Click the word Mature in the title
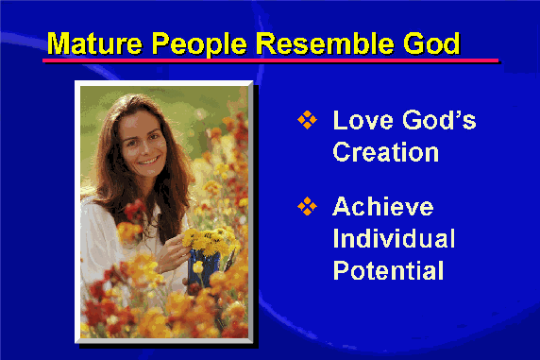[94, 43]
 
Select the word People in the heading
[199, 44]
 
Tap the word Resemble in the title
[325, 43]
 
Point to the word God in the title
[431, 43]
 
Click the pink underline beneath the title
[270, 60]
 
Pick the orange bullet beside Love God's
[307, 120]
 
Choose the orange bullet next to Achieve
[307, 206]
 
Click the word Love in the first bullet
[363, 120]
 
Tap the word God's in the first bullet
[439, 120]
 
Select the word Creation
[386, 152]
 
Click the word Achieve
[383, 206]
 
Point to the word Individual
[394, 238]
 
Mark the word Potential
[388, 270]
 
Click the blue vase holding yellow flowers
[203, 267]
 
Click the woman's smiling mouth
[149, 161]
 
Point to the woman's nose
[143, 147]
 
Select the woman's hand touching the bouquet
[172, 251]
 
